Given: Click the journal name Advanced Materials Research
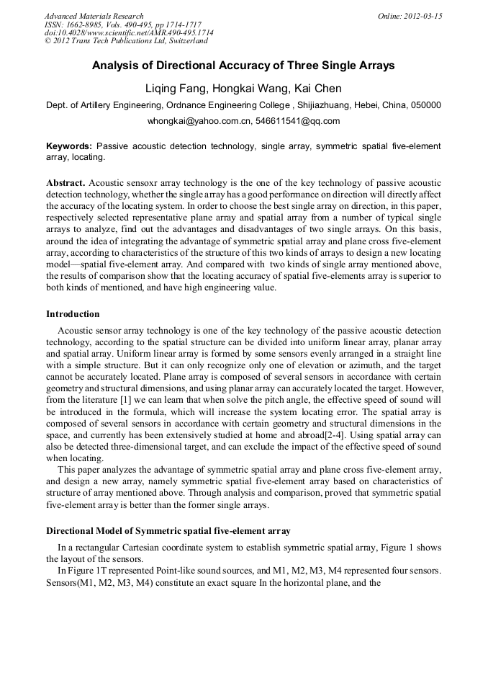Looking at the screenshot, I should (94, 16).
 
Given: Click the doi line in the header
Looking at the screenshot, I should (129, 33).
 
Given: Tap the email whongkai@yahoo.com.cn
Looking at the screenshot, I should (198, 121).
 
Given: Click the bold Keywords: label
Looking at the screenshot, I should (69, 146).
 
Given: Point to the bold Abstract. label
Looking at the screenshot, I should (66, 183).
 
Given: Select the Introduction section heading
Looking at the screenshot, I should (73, 314).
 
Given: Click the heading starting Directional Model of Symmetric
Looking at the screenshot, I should (168, 531).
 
